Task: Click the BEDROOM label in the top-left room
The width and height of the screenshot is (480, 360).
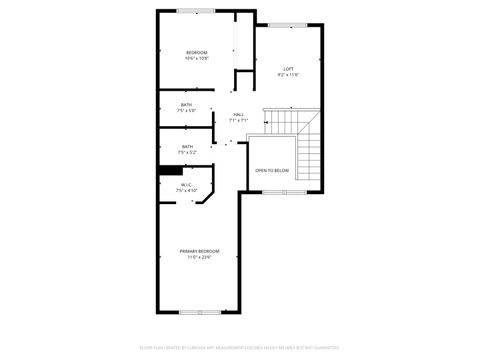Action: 196,52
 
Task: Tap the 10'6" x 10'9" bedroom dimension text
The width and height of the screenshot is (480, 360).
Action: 196,58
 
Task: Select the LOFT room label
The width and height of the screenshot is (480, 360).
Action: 288,69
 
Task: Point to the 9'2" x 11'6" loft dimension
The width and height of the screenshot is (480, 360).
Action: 288,75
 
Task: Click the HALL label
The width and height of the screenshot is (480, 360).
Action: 238,114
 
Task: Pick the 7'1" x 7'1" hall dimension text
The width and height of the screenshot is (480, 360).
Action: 238,120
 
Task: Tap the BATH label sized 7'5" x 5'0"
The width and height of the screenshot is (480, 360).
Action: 187,105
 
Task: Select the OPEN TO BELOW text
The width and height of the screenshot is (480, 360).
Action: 272,171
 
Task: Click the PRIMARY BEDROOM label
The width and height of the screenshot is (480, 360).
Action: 199,250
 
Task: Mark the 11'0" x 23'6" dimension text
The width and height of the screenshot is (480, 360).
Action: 199,257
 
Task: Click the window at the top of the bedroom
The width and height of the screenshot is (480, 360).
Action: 190,11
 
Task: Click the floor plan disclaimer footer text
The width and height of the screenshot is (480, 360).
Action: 240,349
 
